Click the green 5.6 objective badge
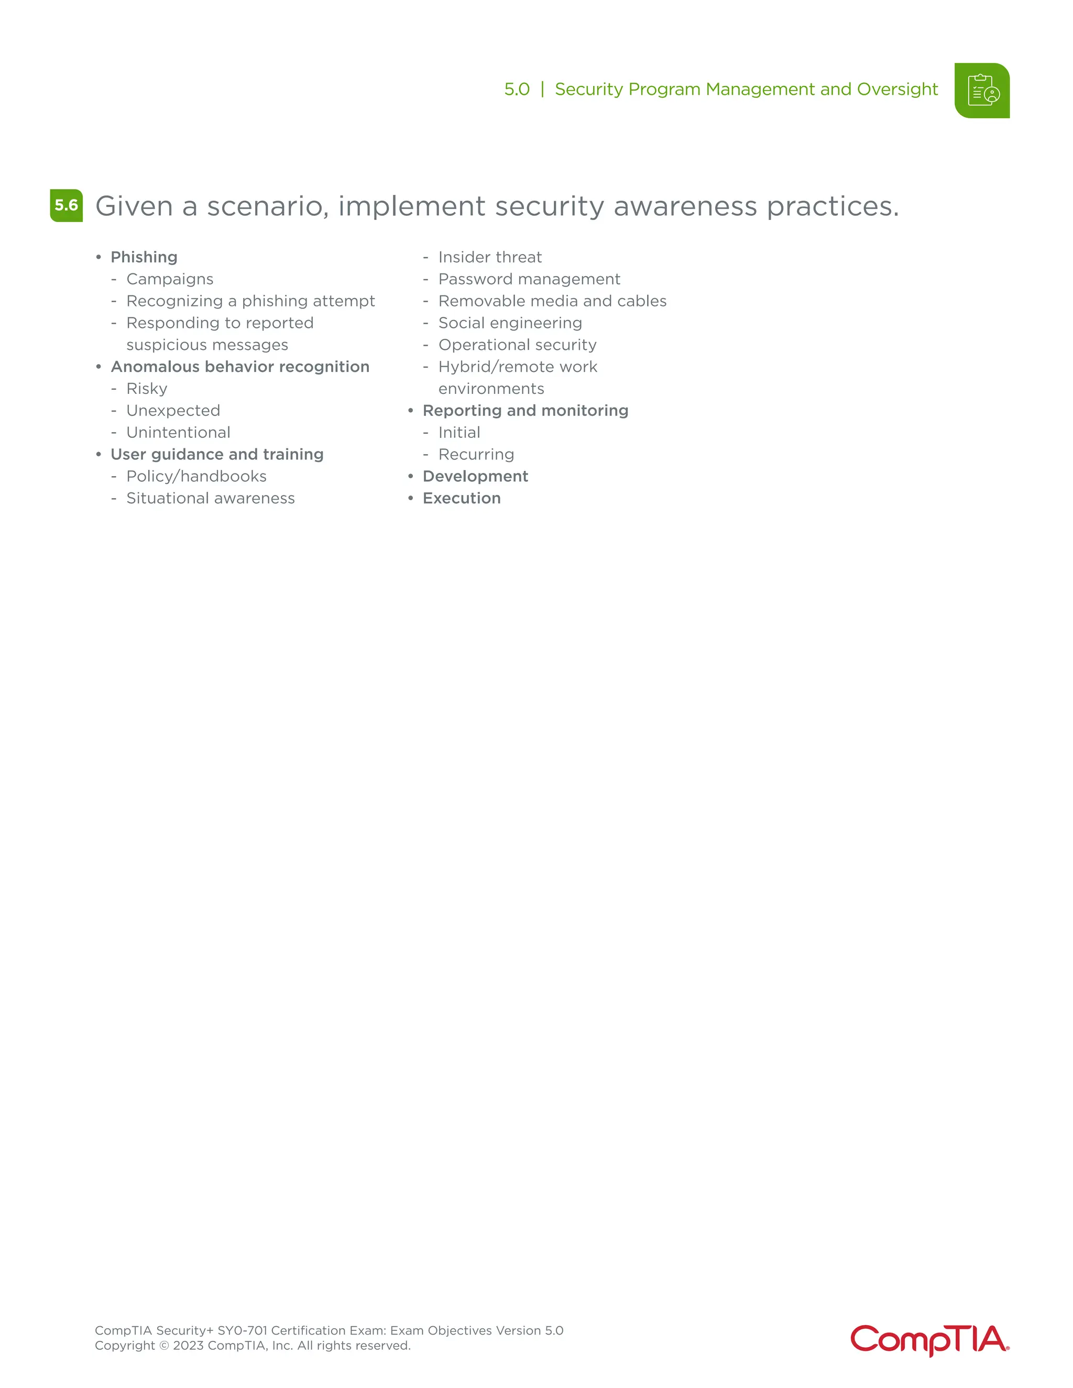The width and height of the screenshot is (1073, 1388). point(66,205)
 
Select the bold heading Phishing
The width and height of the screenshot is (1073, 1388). point(144,257)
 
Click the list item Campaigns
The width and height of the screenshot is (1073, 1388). point(170,279)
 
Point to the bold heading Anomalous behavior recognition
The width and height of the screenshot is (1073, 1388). point(239,367)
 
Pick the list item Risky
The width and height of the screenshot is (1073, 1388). point(147,388)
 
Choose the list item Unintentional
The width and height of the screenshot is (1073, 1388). point(178,432)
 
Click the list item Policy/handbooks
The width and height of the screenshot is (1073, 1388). point(196,476)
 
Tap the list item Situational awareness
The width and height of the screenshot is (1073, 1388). point(211,498)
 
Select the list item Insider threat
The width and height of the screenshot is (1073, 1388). point(489,257)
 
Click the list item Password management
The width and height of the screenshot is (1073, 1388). point(529,279)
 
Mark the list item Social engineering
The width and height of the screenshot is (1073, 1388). point(510,323)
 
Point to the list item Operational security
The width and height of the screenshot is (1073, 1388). point(518,345)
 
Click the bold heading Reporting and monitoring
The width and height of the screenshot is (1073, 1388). point(525,411)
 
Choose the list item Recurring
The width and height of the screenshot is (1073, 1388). point(476,455)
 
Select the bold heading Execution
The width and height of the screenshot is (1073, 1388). point(462,498)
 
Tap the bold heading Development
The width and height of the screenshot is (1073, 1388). point(475,476)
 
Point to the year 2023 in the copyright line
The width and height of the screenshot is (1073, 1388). point(188,1346)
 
